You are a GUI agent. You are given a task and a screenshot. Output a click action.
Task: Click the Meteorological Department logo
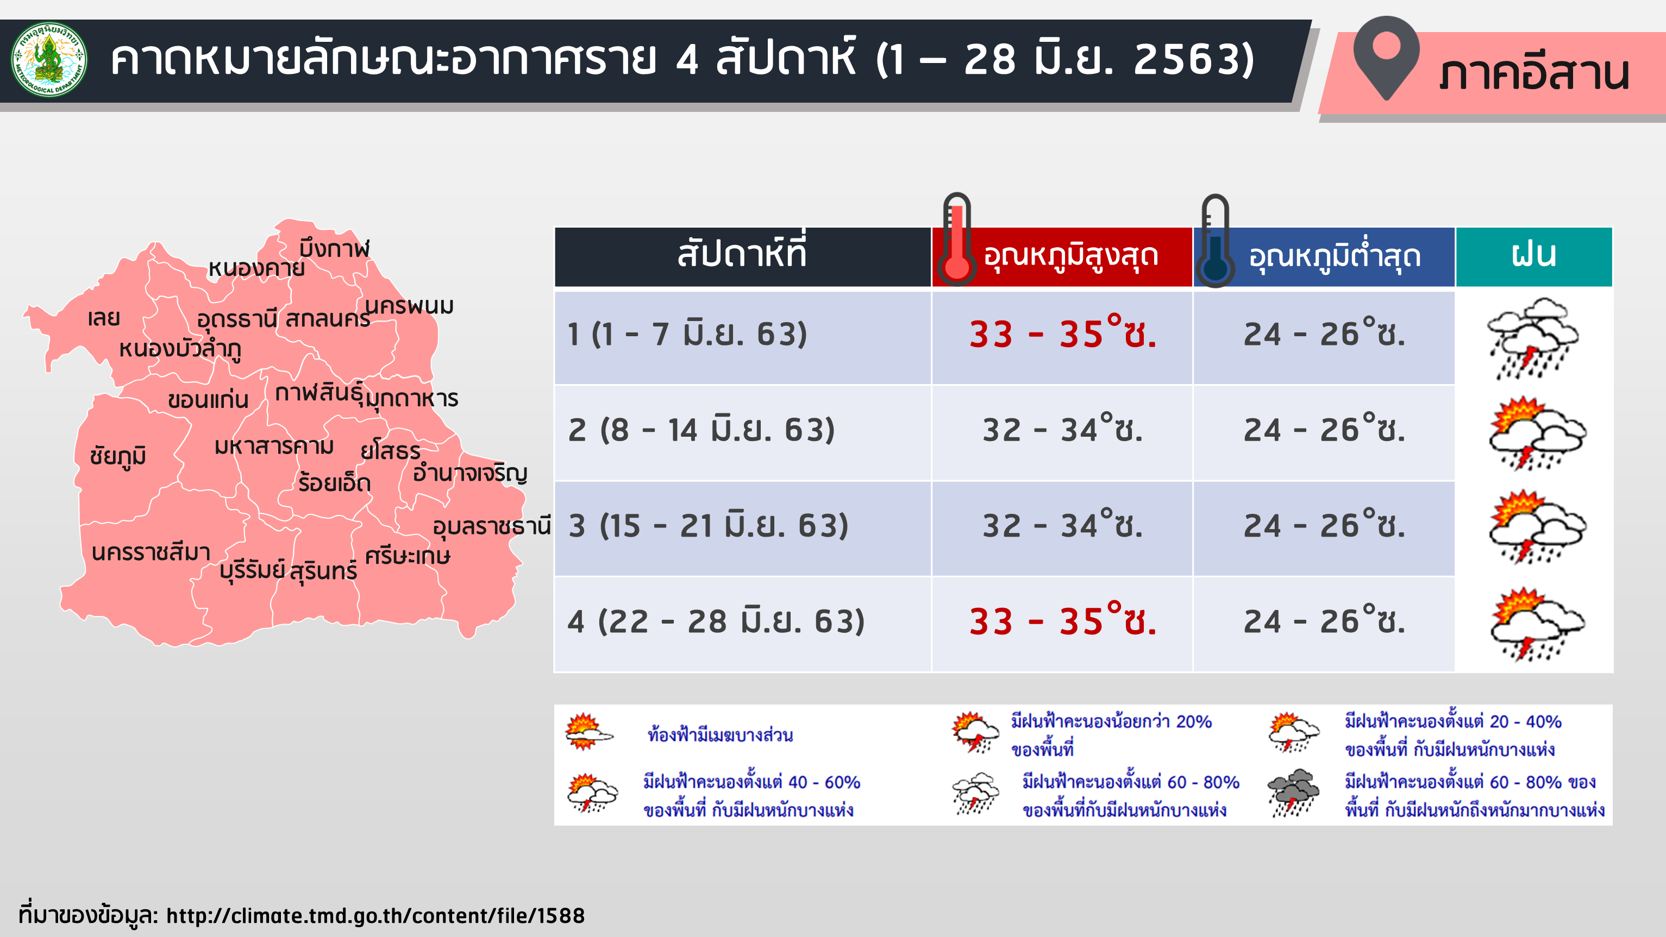pyautogui.click(x=49, y=60)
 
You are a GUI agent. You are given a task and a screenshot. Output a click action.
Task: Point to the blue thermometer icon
pyautogui.click(x=1215, y=241)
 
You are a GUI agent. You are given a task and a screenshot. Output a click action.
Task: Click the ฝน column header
pyautogui.click(x=1534, y=256)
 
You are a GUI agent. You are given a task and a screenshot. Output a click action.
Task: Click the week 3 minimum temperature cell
pyautogui.click(x=1324, y=527)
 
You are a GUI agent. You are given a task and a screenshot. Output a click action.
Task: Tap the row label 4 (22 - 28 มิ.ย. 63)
pyautogui.click(x=716, y=621)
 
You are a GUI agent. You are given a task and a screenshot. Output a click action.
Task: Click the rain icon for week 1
pyautogui.click(x=1533, y=338)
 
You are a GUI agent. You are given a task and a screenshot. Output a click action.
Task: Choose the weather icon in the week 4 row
pyautogui.click(x=1537, y=624)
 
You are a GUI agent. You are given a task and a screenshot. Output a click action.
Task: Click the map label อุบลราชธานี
pyautogui.click(x=492, y=526)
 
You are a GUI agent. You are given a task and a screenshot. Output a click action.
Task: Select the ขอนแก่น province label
pyautogui.click(x=208, y=400)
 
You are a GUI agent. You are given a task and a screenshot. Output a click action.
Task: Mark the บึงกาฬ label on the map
pyautogui.click(x=334, y=248)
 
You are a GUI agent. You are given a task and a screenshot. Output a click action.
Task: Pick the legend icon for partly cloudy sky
pyautogui.click(x=588, y=732)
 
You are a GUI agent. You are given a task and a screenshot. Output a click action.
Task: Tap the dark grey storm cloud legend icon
pyautogui.click(x=1293, y=793)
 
